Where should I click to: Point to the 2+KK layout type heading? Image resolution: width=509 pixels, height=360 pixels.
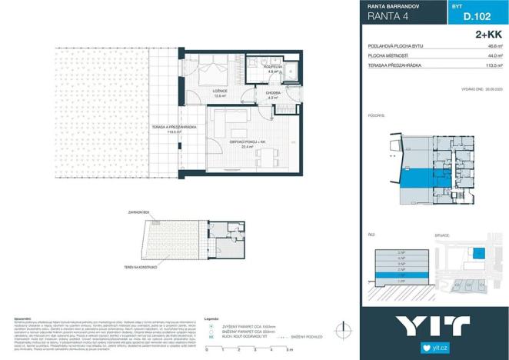[x=489, y=34]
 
